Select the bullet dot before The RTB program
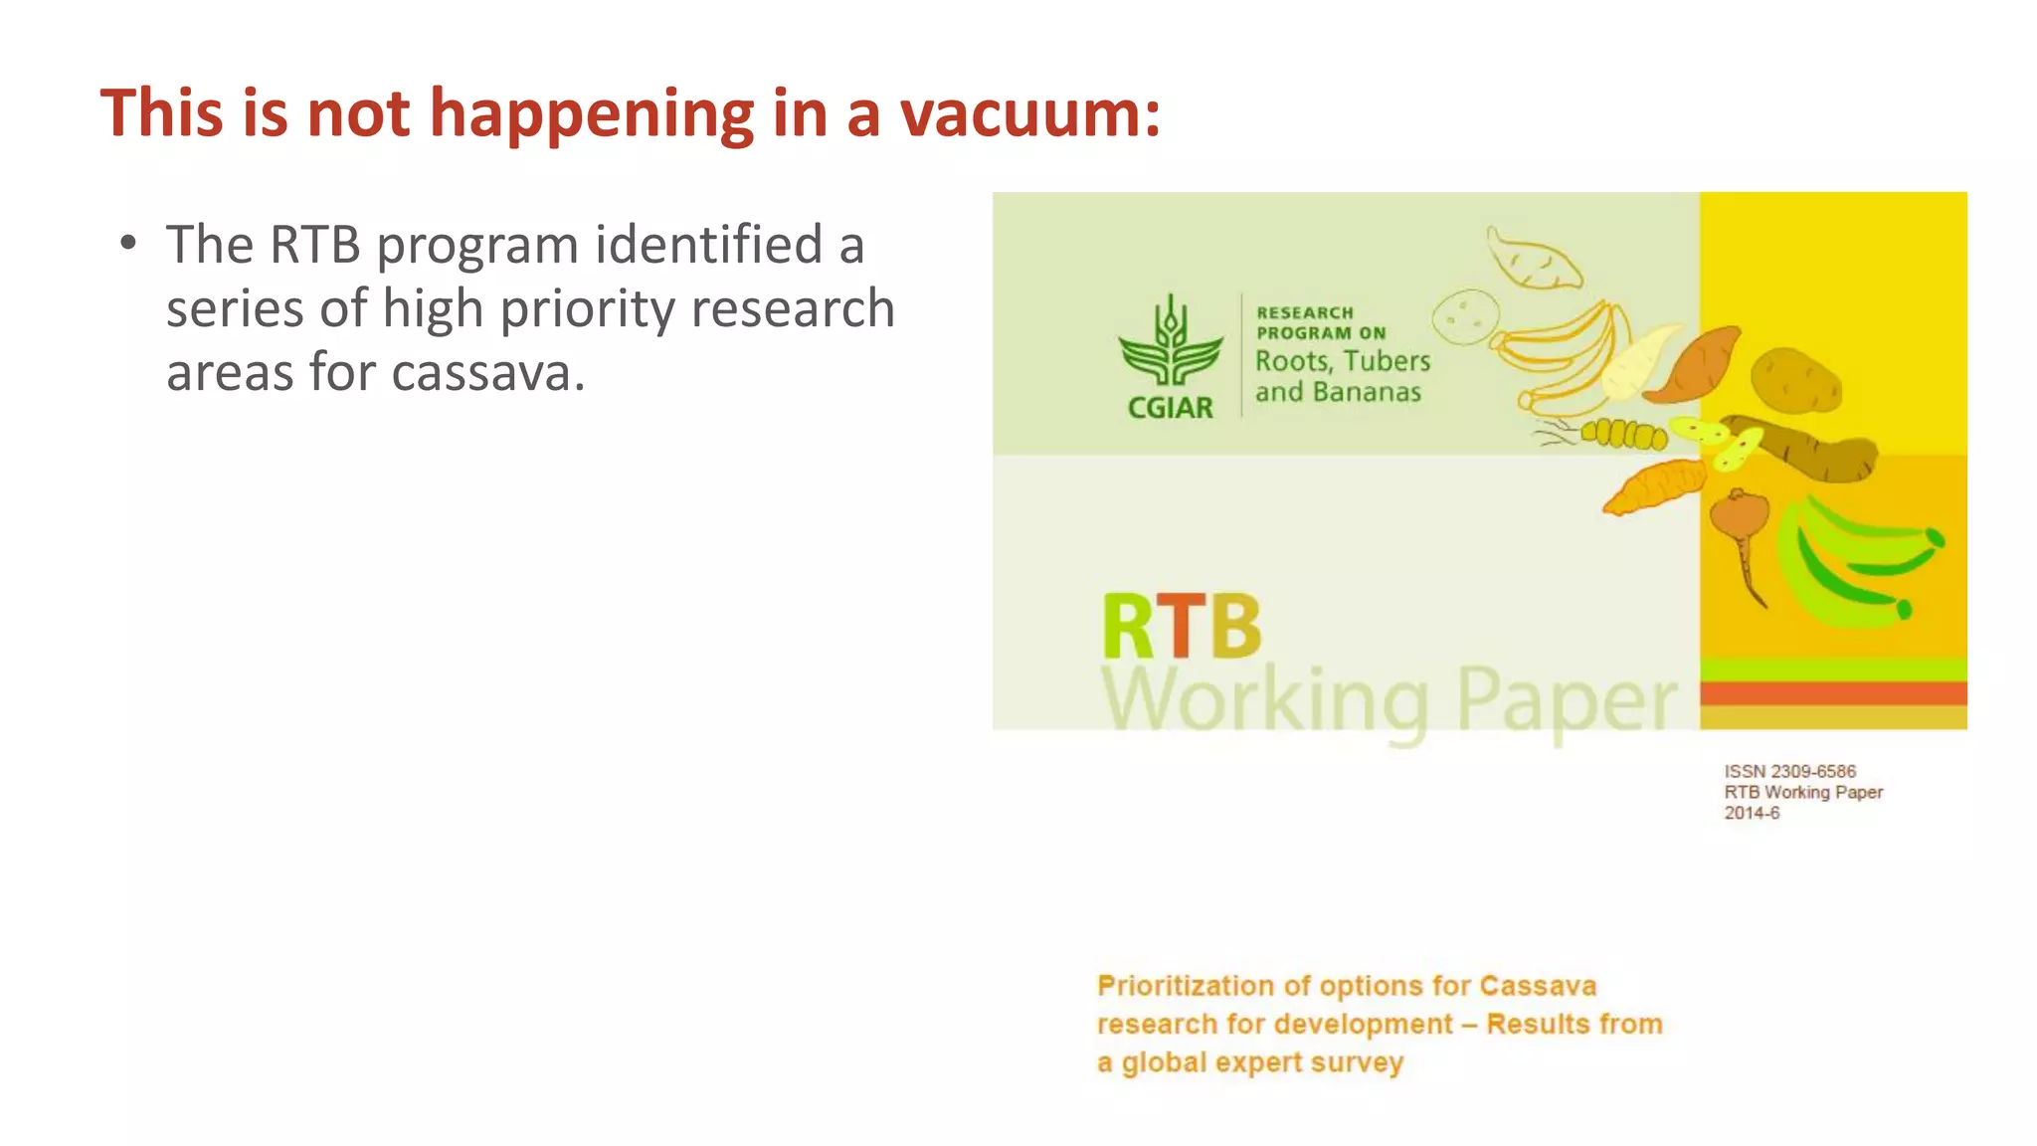(x=127, y=244)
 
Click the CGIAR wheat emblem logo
(x=1171, y=341)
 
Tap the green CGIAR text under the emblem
(x=1170, y=408)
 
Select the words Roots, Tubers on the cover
(x=1342, y=360)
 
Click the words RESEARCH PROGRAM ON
(x=1319, y=323)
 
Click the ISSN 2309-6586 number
(x=1789, y=771)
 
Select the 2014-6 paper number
(x=1752, y=813)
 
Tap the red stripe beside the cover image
(x=1832, y=692)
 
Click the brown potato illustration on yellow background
(x=1795, y=380)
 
